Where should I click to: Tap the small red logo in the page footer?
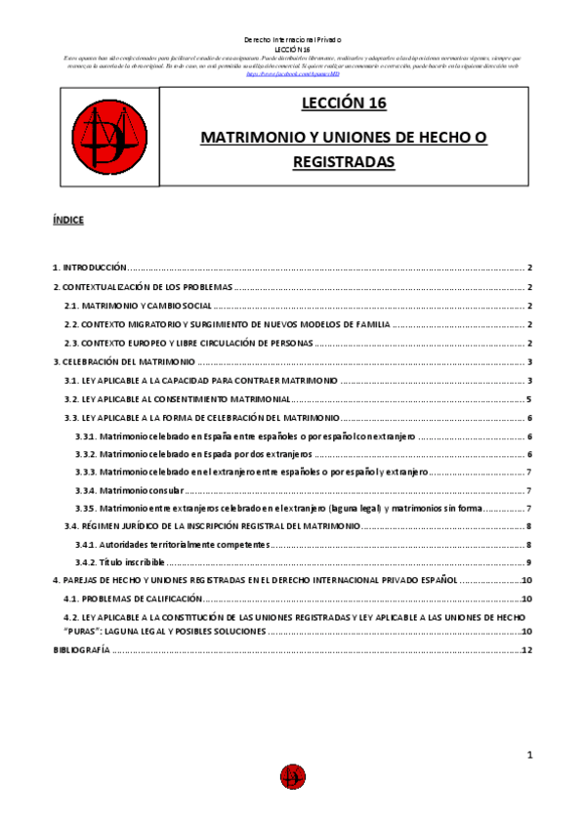pos(291,776)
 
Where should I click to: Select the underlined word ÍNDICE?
pos(68,221)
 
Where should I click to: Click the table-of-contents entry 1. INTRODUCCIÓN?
pos(90,268)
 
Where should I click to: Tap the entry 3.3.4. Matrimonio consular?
pos(129,490)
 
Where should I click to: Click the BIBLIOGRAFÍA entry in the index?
pos(81,651)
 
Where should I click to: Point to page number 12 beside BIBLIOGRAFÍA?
pos(526,651)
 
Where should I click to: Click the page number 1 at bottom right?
pos(528,755)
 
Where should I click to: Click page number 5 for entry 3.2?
pos(528,398)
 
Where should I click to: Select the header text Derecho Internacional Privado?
pos(291,39)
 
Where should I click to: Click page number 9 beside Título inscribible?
pos(528,562)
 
